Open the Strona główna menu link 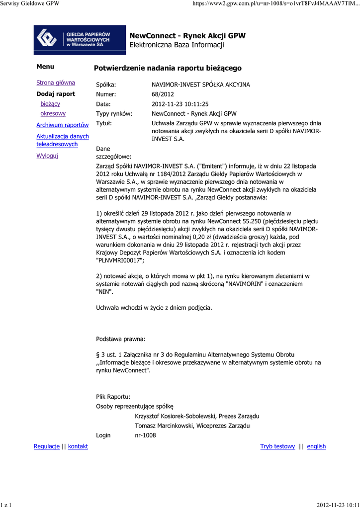click(56, 83)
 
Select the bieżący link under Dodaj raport click(50, 103)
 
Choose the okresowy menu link click(53, 113)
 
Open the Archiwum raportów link click(63, 125)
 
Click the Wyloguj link click(47, 156)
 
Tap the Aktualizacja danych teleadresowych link click(63, 140)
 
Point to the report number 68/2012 click(162, 94)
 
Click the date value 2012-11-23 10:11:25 click(180, 104)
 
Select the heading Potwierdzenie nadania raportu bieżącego click(168, 68)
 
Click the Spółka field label click(106, 85)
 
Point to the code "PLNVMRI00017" click(120, 260)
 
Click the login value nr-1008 click(145, 435)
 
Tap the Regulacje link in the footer click(47, 446)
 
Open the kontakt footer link click(78, 446)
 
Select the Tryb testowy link click(277, 446)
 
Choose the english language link click(316, 446)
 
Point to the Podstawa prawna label click(120, 339)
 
